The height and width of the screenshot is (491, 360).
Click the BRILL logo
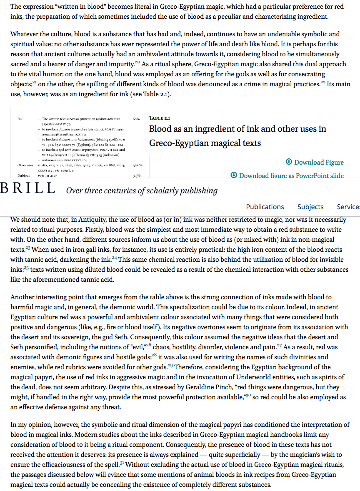click(x=28, y=189)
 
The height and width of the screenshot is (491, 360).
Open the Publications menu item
click(x=265, y=207)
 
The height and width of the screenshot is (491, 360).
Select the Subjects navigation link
click(x=310, y=207)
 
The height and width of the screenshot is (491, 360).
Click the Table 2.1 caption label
click(x=160, y=118)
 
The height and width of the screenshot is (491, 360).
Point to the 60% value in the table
click(x=136, y=119)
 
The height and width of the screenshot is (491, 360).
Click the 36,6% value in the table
click(x=137, y=165)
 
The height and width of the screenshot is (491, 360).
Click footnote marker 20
click(x=137, y=62)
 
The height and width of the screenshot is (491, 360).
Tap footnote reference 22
click(x=323, y=82)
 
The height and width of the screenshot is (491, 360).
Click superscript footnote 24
click(x=114, y=258)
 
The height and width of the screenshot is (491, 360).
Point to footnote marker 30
click(x=248, y=396)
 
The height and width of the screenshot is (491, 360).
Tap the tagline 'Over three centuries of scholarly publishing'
click(x=142, y=191)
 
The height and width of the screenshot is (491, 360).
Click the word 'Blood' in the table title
click(x=161, y=129)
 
